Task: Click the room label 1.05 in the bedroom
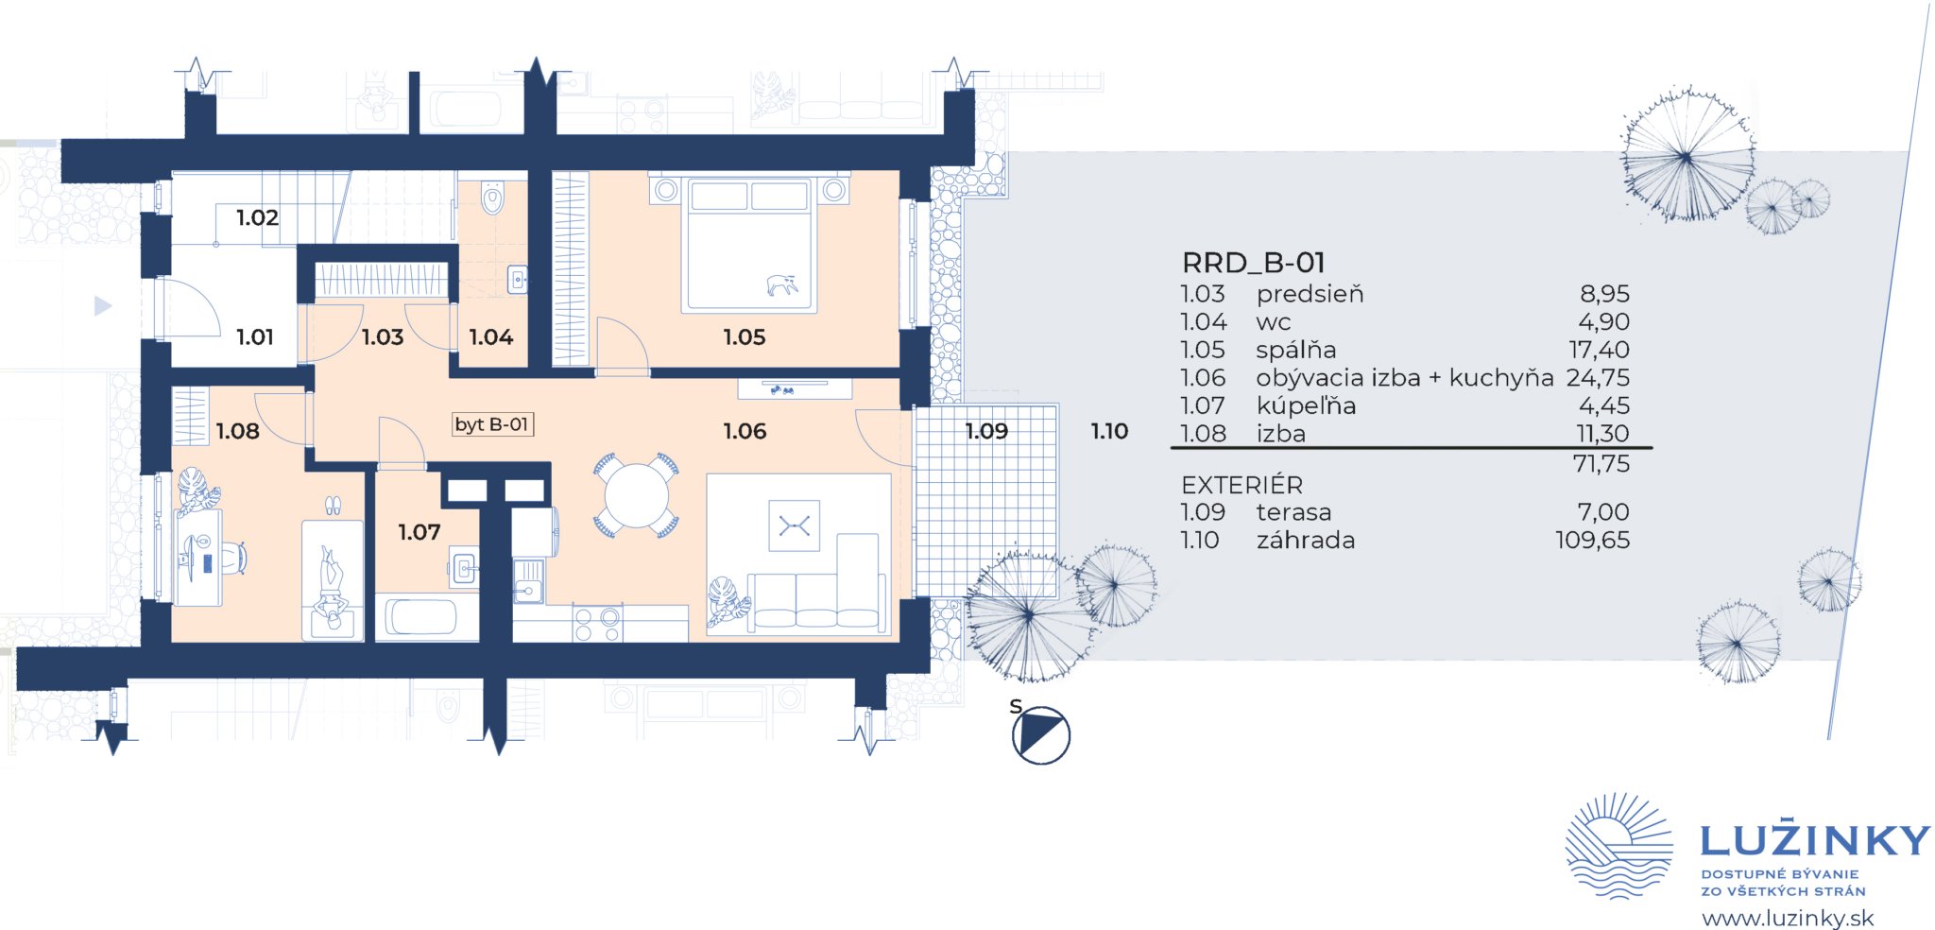744,337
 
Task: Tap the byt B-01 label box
492,424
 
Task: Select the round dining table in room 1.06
636,496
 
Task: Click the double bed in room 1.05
749,244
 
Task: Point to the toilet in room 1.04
492,198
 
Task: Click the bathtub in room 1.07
421,616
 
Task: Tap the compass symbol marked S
1040,734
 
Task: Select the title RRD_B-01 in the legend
1253,262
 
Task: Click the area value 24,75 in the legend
1598,378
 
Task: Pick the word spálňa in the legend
1295,350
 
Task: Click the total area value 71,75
1601,464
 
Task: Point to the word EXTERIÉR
1241,485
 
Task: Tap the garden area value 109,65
1593,540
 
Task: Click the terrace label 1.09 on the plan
986,431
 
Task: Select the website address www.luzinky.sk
1788,918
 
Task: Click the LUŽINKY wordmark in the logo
1815,838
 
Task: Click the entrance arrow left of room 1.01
103,305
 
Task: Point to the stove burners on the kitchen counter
597,625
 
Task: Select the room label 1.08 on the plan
237,432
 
